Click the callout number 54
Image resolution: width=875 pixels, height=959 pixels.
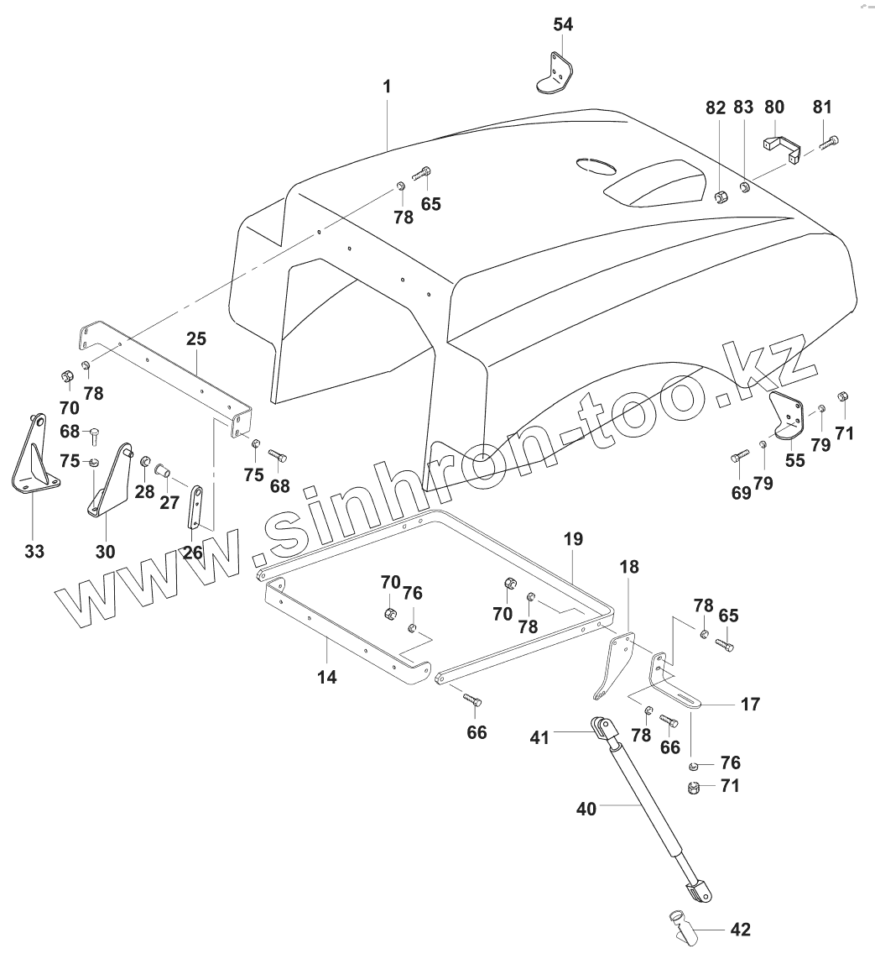pos(563,24)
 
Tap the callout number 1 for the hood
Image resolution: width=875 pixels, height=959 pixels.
pos(387,86)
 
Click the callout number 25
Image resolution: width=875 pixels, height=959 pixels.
pos(196,339)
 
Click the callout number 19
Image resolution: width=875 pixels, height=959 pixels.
pos(573,539)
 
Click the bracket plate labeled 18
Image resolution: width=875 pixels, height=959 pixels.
pos(614,663)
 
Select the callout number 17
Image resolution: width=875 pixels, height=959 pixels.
pos(750,704)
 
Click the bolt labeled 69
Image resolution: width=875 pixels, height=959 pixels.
pos(739,457)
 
